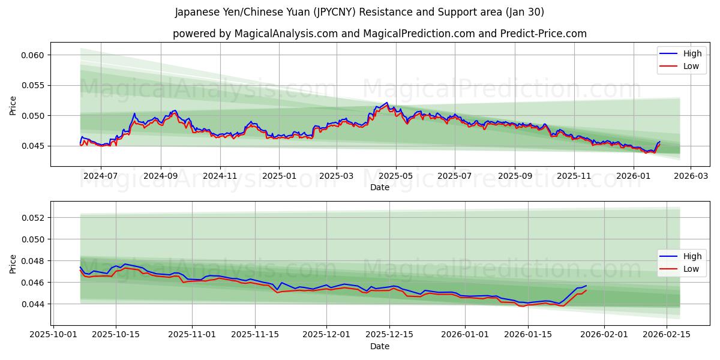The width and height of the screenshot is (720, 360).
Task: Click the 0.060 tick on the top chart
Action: pyautogui.click(x=34, y=55)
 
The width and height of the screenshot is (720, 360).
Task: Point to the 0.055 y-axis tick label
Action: pyautogui.click(x=34, y=85)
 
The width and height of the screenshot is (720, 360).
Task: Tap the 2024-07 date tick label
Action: pyautogui.click(x=100, y=176)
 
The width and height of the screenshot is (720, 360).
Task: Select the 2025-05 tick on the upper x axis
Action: pyautogui.click(x=395, y=176)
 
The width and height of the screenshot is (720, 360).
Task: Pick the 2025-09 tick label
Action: pyautogui.click(x=515, y=176)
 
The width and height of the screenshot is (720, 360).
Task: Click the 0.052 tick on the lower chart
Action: pyautogui.click(x=34, y=218)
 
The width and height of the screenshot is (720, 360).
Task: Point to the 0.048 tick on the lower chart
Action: pyautogui.click(x=34, y=261)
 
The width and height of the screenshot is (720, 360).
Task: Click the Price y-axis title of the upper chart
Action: pyautogui.click(x=13, y=106)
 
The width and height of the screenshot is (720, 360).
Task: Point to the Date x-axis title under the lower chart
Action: pyautogui.click(x=379, y=346)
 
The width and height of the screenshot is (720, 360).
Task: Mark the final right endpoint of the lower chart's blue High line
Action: pyautogui.click(x=586, y=286)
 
